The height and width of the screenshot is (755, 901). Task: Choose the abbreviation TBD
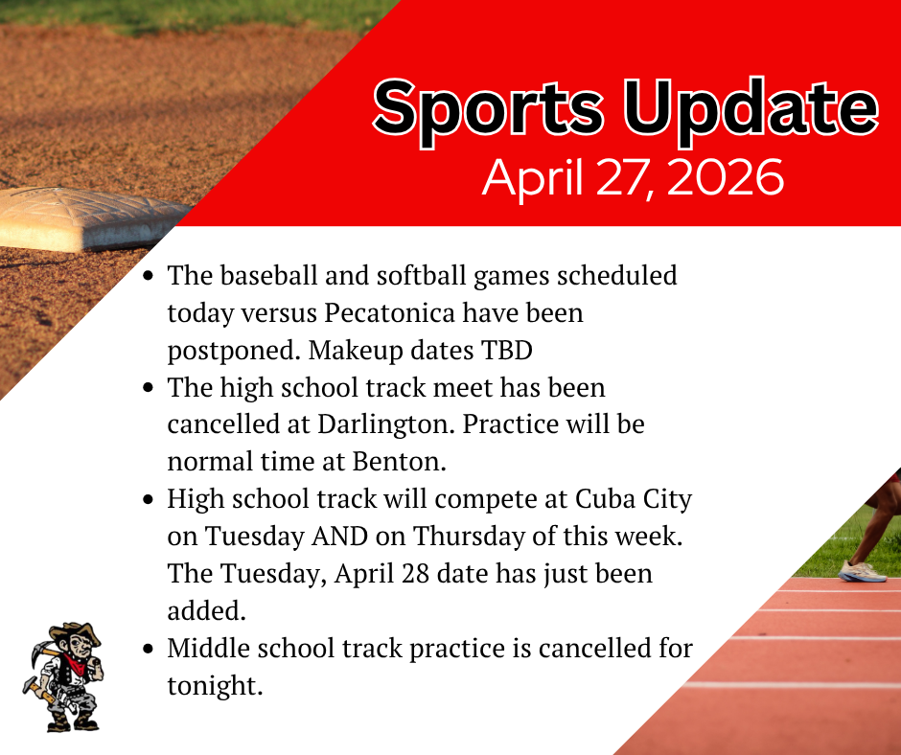tap(503, 351)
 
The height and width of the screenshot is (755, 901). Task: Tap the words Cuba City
tap(634, 500)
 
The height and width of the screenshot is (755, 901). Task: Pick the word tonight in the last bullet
tap(213, 686)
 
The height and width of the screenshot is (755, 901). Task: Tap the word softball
tap(410, 276)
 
